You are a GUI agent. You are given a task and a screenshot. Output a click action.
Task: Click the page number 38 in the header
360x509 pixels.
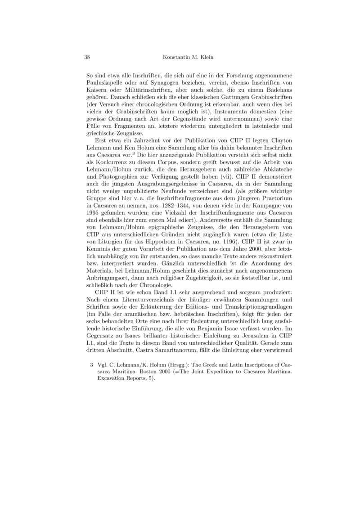point(88,58)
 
